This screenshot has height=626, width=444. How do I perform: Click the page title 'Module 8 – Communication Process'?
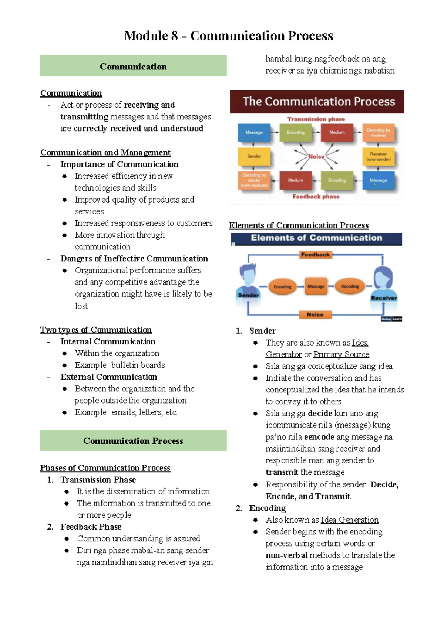(229, 36)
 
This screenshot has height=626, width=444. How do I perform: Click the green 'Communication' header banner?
(133, 66)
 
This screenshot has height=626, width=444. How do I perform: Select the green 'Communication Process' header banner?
(133, 440)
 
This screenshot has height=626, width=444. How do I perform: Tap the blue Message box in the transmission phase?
(254, 132)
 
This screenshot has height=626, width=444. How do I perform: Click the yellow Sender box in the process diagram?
(254, 156)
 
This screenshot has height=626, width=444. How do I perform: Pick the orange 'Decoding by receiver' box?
(378, 133)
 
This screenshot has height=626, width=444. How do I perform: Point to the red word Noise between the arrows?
(316, 156)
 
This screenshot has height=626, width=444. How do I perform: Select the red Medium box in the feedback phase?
(296, 180)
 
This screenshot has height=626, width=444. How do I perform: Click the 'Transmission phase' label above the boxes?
(316, 119)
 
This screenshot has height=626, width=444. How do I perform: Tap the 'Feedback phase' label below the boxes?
(316, 197)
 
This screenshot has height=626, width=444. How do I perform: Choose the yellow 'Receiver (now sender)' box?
(378, 156)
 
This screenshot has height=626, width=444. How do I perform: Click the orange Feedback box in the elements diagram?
(315, 255)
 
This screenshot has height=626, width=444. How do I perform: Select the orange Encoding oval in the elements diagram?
(282, 286)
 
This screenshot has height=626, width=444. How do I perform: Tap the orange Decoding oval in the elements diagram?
(350, 286)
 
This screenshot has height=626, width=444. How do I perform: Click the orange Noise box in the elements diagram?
(315, 314)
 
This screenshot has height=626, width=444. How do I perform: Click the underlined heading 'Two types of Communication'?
(96, 330)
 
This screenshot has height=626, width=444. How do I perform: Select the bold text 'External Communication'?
(109, 377)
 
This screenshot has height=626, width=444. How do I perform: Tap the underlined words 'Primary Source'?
(341, 354)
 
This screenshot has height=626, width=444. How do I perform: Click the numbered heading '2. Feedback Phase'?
(91, 527)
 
